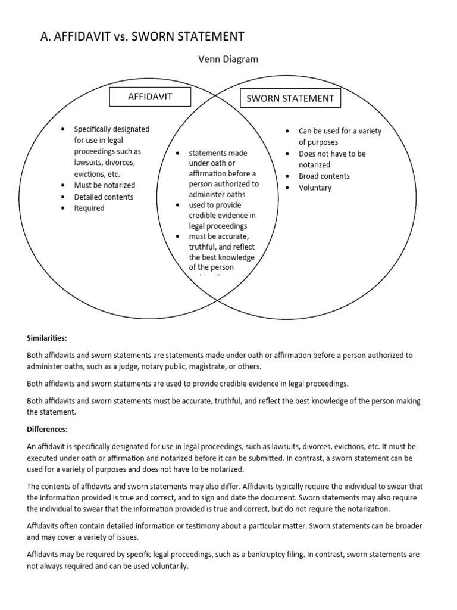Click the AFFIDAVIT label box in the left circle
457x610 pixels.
pyautogui.click(x=150, y=97)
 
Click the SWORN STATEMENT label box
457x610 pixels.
pyautogui.click(x=290, y=98)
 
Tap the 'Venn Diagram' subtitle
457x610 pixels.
pyautogui.click(x=228, y=59)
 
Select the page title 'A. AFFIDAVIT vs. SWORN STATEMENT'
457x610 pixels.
pyautogui.click(x=142, y=36)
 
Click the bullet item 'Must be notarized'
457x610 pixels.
pyautogui.click(x=104, y=185)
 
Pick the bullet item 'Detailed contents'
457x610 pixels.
pyautogui.click(x=104, y=197)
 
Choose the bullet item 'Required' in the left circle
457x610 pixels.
pyautogui.click(x=89, y=208)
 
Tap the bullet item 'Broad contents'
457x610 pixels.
pyautogui.click(x=324, y=176)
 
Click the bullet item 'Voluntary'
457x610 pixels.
pyautogui.click(x=315, y=188)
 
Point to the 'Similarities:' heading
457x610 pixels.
pyautogui.click(x=47, y=338)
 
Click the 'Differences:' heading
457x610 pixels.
pyautogui.click(x=48, y=429)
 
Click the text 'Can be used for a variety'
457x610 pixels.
pyautogui.click(x=340, y=131)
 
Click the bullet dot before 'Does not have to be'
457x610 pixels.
pyautogui.click(x=287, y=154)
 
